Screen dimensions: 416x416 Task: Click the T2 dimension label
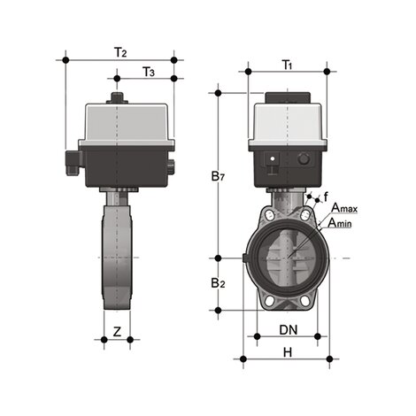tap(119, 52)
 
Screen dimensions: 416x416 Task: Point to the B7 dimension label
tap(218, 177)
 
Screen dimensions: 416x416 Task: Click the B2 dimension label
tap(218, 284)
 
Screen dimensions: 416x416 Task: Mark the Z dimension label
tap(117, 332)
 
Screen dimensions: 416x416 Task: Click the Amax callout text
tap(346, 209)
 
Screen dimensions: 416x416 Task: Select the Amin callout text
tap(343, 224)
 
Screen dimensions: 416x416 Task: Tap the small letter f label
tap(326, 196)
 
